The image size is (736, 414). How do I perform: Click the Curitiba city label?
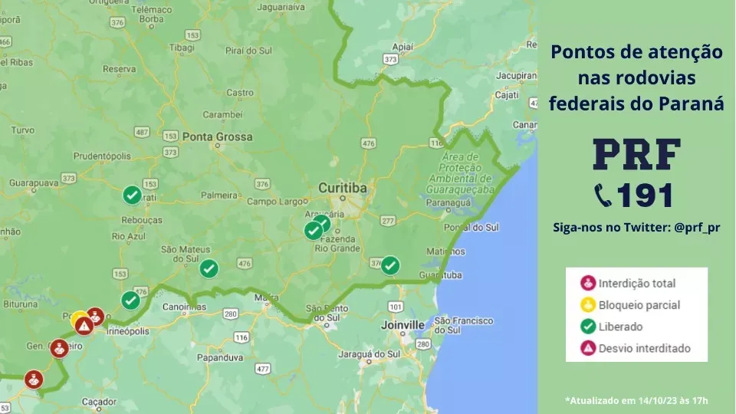coord(343,188)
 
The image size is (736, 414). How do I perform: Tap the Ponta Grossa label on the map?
coord(217,136)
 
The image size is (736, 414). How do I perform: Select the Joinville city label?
coord(402,325)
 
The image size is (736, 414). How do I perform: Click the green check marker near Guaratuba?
coord(390,265)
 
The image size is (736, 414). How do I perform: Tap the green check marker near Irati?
coord(132,195)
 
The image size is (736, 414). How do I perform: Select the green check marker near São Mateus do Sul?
coord(209,268)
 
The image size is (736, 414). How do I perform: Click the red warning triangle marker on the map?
coord(84,325)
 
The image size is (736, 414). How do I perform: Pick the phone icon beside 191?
coord(603,195)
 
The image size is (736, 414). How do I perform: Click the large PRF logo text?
coord(636,156)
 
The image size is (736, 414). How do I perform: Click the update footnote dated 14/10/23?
coord(636,400)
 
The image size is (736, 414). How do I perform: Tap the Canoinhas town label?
coord(185,307)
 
